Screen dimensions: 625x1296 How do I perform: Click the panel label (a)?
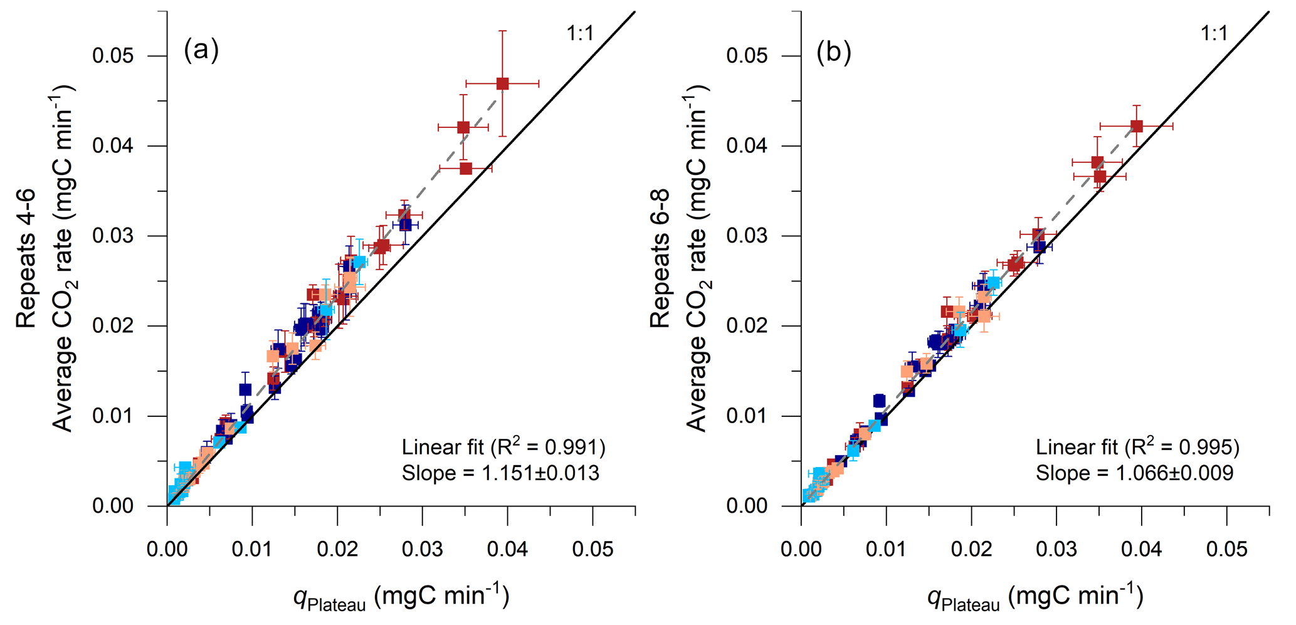tap(201, 50)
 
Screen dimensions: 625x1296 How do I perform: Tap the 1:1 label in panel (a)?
tap(580, 33)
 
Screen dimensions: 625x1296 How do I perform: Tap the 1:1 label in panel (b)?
tap(1214, 33)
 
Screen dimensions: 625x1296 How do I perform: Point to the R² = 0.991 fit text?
tap(503, 447)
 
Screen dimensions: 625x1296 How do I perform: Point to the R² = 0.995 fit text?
tap(1137, 447)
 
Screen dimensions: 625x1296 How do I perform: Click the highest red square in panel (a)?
tap(502, 83)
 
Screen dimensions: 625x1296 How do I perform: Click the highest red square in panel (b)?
tap(1136, 126)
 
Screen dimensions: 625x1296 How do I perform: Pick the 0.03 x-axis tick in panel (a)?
tap(422, 550)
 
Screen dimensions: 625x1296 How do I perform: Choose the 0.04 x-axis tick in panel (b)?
tap(1141, 550)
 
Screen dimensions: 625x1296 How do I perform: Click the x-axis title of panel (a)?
tap(401, 597)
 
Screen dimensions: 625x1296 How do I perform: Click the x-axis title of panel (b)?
tap(1035, 597)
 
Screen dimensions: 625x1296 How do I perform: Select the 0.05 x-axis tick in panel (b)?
tap(1226, 550)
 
